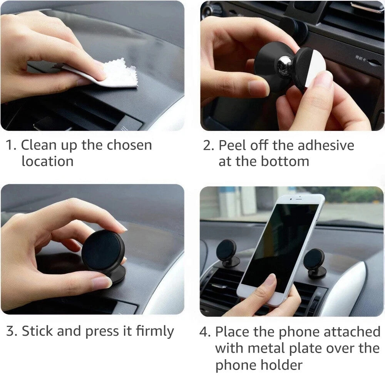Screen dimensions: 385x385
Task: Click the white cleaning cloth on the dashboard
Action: coord(115,75)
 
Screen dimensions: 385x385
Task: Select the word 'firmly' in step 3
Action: coord(155,331)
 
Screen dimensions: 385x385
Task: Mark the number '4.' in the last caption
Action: coord(205,332)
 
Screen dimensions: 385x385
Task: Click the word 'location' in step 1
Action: coord(47,161)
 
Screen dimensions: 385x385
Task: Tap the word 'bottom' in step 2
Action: coord(289,161)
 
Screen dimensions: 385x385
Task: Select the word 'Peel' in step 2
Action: coord(233,145)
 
